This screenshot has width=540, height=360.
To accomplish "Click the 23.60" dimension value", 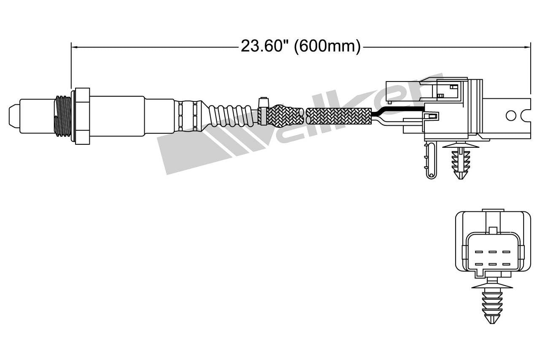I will pos(265,46).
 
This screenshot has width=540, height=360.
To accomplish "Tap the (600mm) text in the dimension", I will pos(327,46).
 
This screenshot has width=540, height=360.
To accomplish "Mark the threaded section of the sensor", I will pos(63,116).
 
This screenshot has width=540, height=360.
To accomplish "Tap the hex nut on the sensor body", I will pos(82,116).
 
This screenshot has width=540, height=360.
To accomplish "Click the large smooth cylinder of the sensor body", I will pos(117,116).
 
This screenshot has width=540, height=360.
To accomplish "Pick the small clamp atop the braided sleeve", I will pos(263,103).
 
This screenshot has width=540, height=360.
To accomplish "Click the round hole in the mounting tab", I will pos(510,115).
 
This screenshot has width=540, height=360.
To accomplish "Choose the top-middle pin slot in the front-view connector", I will pos(492,252).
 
